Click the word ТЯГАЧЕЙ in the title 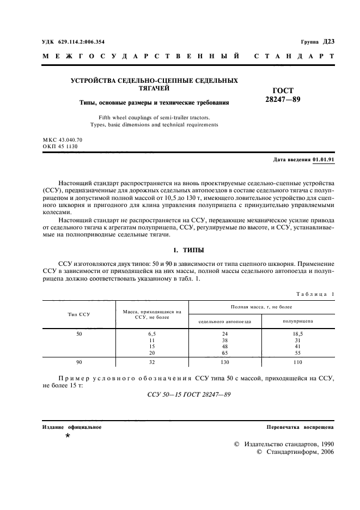click(x=155, y=88)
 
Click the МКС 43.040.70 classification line click(x=62, y=140)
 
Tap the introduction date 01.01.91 click(x=324, y=160)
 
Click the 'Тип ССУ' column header click(x=79, y=314)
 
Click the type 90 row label click(x=79, y=361)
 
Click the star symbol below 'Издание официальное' click(x=68, y=436)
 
